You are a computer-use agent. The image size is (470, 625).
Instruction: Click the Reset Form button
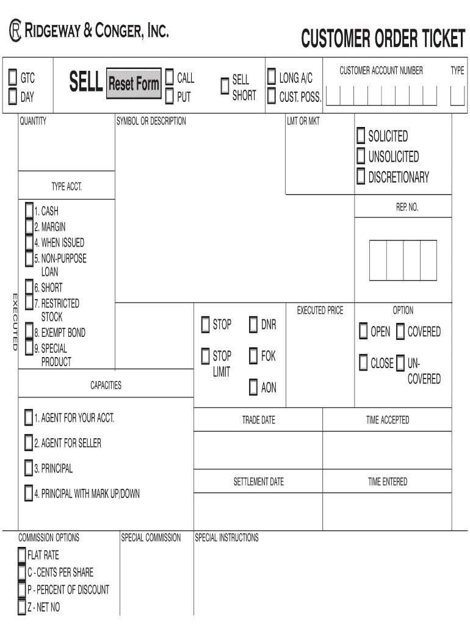point(134,83)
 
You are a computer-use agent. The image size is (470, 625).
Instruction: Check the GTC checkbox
point(12,78)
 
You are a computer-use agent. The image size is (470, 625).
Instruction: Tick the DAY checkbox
point(12,96)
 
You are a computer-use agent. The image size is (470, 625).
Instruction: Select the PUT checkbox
point(170,96)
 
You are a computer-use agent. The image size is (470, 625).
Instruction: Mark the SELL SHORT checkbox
point(225,87)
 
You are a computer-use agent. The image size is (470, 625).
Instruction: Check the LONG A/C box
point(272,78)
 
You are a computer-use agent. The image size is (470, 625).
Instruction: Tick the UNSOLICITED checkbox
point(361,156)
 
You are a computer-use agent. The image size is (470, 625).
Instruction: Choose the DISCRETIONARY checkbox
point(361,177)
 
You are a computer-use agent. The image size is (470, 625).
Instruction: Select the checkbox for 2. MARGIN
point(29,226)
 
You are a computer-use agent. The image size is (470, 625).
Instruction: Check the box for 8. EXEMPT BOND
point(29,333)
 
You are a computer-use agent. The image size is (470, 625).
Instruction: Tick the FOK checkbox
point(253,356)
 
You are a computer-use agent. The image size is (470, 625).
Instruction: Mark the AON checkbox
point(253,388)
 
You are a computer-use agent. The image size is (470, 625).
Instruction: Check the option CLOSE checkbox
point(363,363)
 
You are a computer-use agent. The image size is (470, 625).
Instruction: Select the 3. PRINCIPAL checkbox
point(29,468)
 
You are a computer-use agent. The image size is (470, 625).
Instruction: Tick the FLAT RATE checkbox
point(22,555)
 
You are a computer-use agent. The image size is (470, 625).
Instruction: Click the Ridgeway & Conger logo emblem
point(14,31)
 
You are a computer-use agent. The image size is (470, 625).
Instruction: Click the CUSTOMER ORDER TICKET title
point(383,39)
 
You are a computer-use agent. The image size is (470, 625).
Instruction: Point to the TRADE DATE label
point(258,420)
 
